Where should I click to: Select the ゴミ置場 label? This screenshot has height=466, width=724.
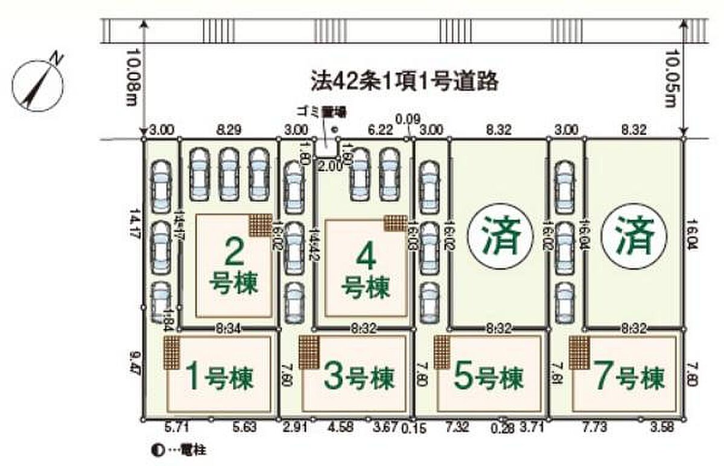(x=316, y=112)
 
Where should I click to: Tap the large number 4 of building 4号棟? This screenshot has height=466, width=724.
(x=366, y=257)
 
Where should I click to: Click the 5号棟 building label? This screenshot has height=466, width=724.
(x=486, y=379)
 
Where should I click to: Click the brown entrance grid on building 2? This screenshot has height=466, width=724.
(x=261, y=225)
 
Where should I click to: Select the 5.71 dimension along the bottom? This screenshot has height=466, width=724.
(x=176, y=428)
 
